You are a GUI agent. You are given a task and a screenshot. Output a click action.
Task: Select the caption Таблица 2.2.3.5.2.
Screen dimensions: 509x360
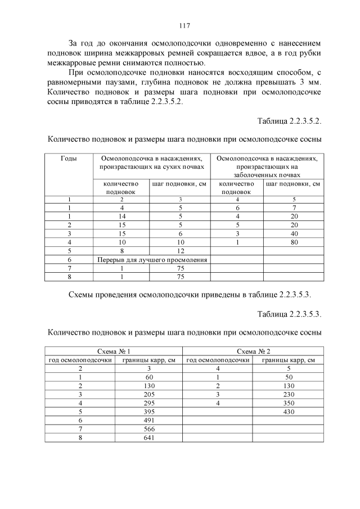click(289, 121)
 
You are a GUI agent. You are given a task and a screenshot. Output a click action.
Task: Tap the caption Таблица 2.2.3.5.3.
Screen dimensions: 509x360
click(289, 313)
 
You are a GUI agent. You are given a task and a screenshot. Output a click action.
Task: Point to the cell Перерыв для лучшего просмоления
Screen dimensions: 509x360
click(151, 260)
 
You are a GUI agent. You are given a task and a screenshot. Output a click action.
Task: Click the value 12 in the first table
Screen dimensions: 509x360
click(181, 251)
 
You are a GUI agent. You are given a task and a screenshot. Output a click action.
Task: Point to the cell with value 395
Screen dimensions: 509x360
click(149, 411)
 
